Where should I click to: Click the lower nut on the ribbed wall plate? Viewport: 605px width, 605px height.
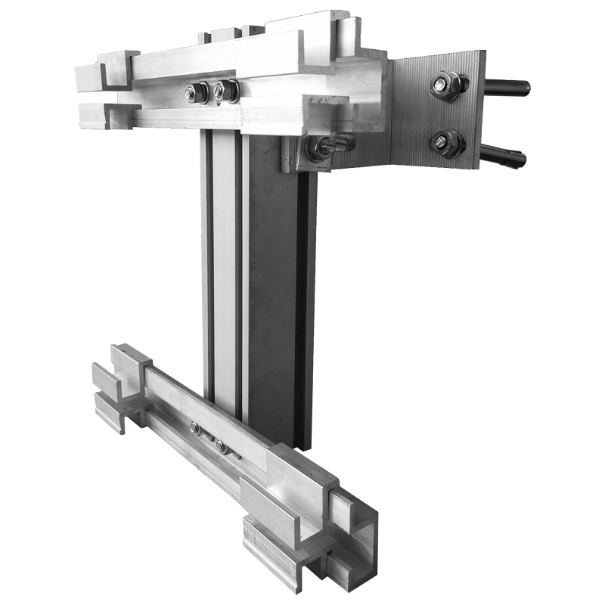coord(446,143)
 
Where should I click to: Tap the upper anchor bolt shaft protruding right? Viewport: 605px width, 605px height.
coord(507,88)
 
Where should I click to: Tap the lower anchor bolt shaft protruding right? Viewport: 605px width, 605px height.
coord(504,157)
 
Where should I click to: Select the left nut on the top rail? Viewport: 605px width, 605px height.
coord(197,92)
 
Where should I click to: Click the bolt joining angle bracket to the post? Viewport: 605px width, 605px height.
coord(321,147)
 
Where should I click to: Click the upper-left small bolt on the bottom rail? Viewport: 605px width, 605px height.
coord(196,428)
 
